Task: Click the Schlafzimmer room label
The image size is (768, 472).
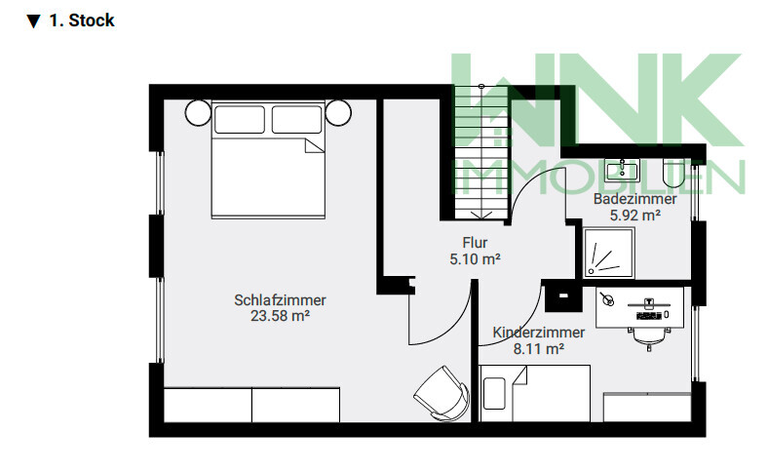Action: (x=280, y=300)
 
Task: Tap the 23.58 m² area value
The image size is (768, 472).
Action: (x=280, y=316)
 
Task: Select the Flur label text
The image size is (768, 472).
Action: (x=475, y=243)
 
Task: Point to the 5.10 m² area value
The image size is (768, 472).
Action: (x=475, y=258)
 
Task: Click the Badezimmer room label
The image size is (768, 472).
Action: (x=634, y=199)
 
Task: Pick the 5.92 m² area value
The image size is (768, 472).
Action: (x=634, y=216)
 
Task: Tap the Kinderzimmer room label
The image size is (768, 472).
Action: (x=538, y=333)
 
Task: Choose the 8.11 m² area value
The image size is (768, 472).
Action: (x=538, y=348)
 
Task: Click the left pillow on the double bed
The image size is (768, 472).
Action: (x=240, y=119)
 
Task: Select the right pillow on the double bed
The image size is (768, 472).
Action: (x=297, y=119)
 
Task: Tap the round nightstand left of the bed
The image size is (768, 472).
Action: (x=198, y=113)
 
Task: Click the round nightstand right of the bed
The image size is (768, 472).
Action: (x=338, y=113)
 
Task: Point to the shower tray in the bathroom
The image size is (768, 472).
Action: (x=609, y=253)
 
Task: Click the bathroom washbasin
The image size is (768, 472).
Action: (x=622, y=171)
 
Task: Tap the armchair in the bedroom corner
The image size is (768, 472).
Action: (x=442, y=394)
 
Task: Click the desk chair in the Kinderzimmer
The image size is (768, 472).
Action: (x=649, y=338)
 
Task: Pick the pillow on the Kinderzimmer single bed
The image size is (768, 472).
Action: (x=494, y=394)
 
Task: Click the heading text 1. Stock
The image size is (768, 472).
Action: (x=81, y=20)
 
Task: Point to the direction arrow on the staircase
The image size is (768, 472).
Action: (x=481, y=216)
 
